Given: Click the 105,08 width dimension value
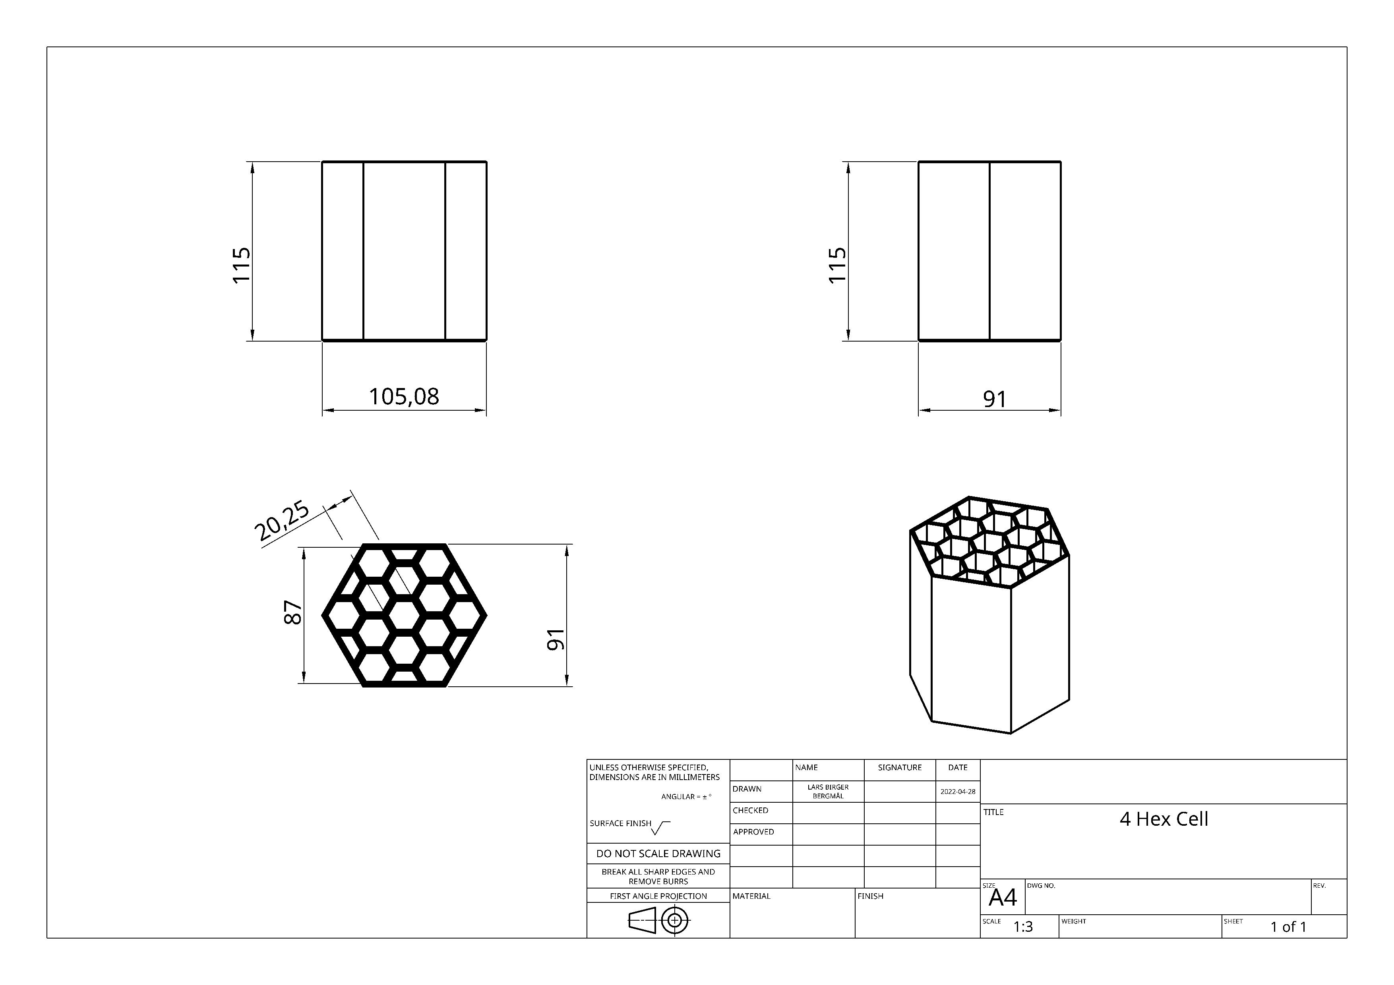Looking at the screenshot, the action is [x=404, y=396].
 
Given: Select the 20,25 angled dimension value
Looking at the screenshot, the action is [x=282, y=521].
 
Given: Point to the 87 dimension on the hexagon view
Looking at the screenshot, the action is [x=292, y=612].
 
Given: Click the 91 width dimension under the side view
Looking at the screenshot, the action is [x=995, y=399].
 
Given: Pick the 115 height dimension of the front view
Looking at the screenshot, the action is [x=241, y=265].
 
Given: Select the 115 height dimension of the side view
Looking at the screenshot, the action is [x=837, y=265].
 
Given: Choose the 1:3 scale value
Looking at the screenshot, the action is [x=1023, y=927].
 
